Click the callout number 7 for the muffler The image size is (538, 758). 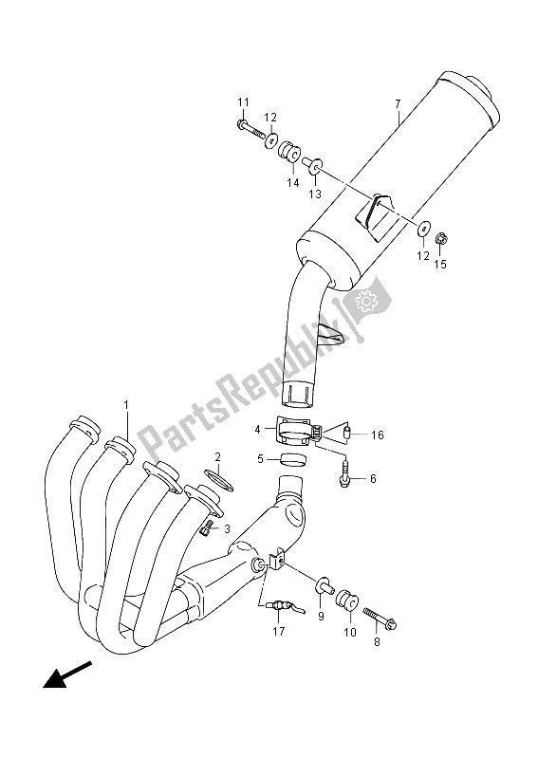pyautogui.click(x=398, y=103)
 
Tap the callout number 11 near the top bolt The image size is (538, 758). pyautogui.click(x=243, y=102)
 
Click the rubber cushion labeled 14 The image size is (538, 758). pyautogui.click(x=289, y=149)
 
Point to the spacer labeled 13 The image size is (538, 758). pyautogui.click(x=312, y=165)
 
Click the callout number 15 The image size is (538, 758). pyautogui.click(x=440, y=264)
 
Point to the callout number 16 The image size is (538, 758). pyautogui.click(x=378, y=435)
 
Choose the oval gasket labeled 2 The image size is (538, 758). pyautogui.click(x=219, y=479)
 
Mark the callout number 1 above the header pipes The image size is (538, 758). pyautogui.click(x=126, y=405)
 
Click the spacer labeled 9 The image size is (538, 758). pyautogui.click(x=324, y=585)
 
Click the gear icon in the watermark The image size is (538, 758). pyautogui.click(x=366, y=301)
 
